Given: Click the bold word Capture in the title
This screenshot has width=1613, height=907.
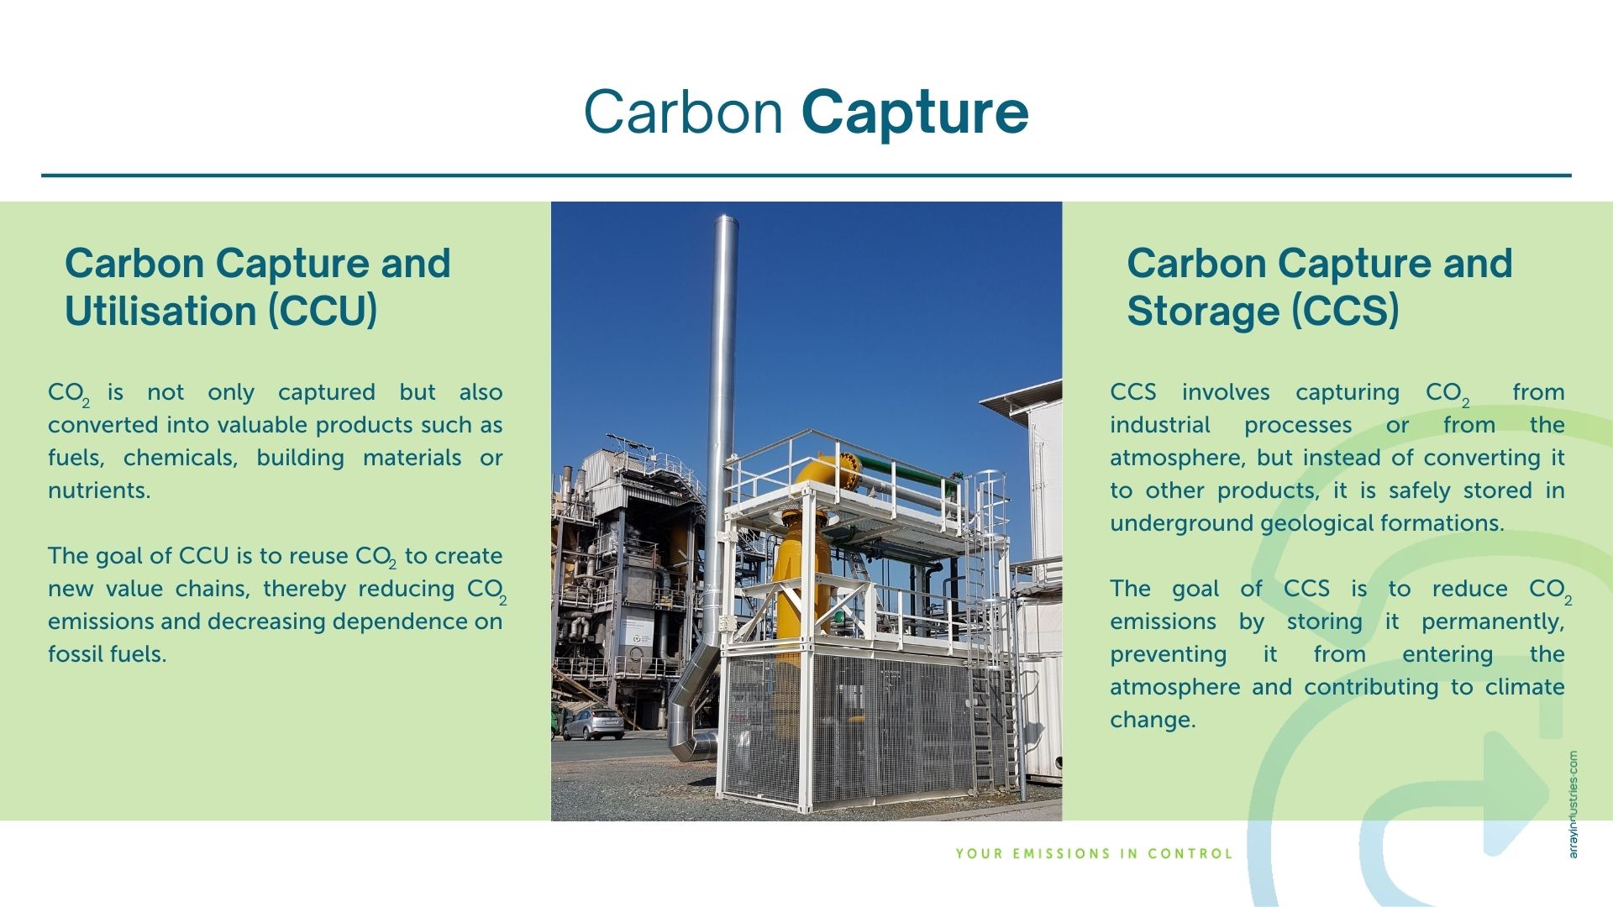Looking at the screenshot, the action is [x=915, y=113].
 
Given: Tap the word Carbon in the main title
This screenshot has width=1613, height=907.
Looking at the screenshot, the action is [x=684, y=111].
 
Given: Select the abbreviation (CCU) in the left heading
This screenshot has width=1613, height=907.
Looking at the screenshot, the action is [x=323, y=311].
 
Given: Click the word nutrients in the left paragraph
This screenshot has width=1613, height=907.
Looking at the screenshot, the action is [x=99, y=490].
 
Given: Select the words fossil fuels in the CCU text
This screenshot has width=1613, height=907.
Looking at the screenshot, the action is [x=107, y=654].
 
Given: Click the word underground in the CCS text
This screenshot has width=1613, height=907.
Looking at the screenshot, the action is [x=1181, y=524].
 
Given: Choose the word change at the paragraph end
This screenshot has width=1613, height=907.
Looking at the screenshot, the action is [x=1153, y=721].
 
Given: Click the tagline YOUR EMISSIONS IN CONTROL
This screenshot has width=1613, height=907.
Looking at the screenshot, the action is [x=1094, y=854].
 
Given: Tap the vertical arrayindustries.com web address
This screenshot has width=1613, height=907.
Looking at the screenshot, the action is [x=1573, y=804].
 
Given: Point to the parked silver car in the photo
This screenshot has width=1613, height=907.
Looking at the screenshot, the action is [x=593, y=723].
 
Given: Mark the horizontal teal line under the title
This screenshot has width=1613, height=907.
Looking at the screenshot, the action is [x=806, y=176].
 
